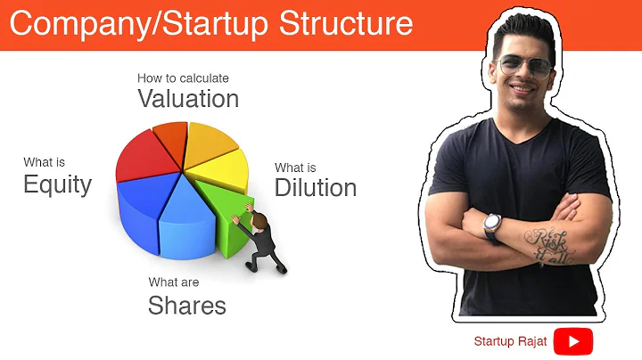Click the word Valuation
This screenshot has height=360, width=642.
[x=188, y=98]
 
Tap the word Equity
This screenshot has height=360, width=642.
[x=57, y=184]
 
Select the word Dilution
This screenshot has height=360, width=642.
[x=316, y=188]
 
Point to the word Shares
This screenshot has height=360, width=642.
[x=186, y=306]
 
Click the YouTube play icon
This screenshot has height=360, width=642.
[x=572, y=341]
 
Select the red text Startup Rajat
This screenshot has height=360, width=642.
[x=511, y=341]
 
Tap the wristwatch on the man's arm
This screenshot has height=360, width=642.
[x=493, y=225]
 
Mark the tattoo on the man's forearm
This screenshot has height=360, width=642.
[x=545, y=244]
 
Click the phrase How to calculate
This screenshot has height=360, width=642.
[x=183, y=78]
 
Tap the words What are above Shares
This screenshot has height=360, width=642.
[x=174, y=282]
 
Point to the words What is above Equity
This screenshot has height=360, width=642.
[x=44, y=162]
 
